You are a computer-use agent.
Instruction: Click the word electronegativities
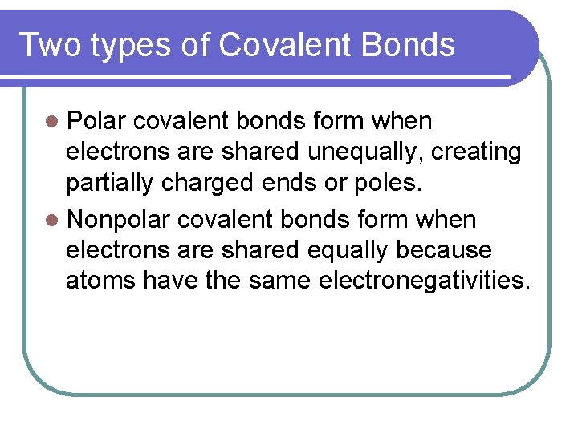point(425,281)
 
